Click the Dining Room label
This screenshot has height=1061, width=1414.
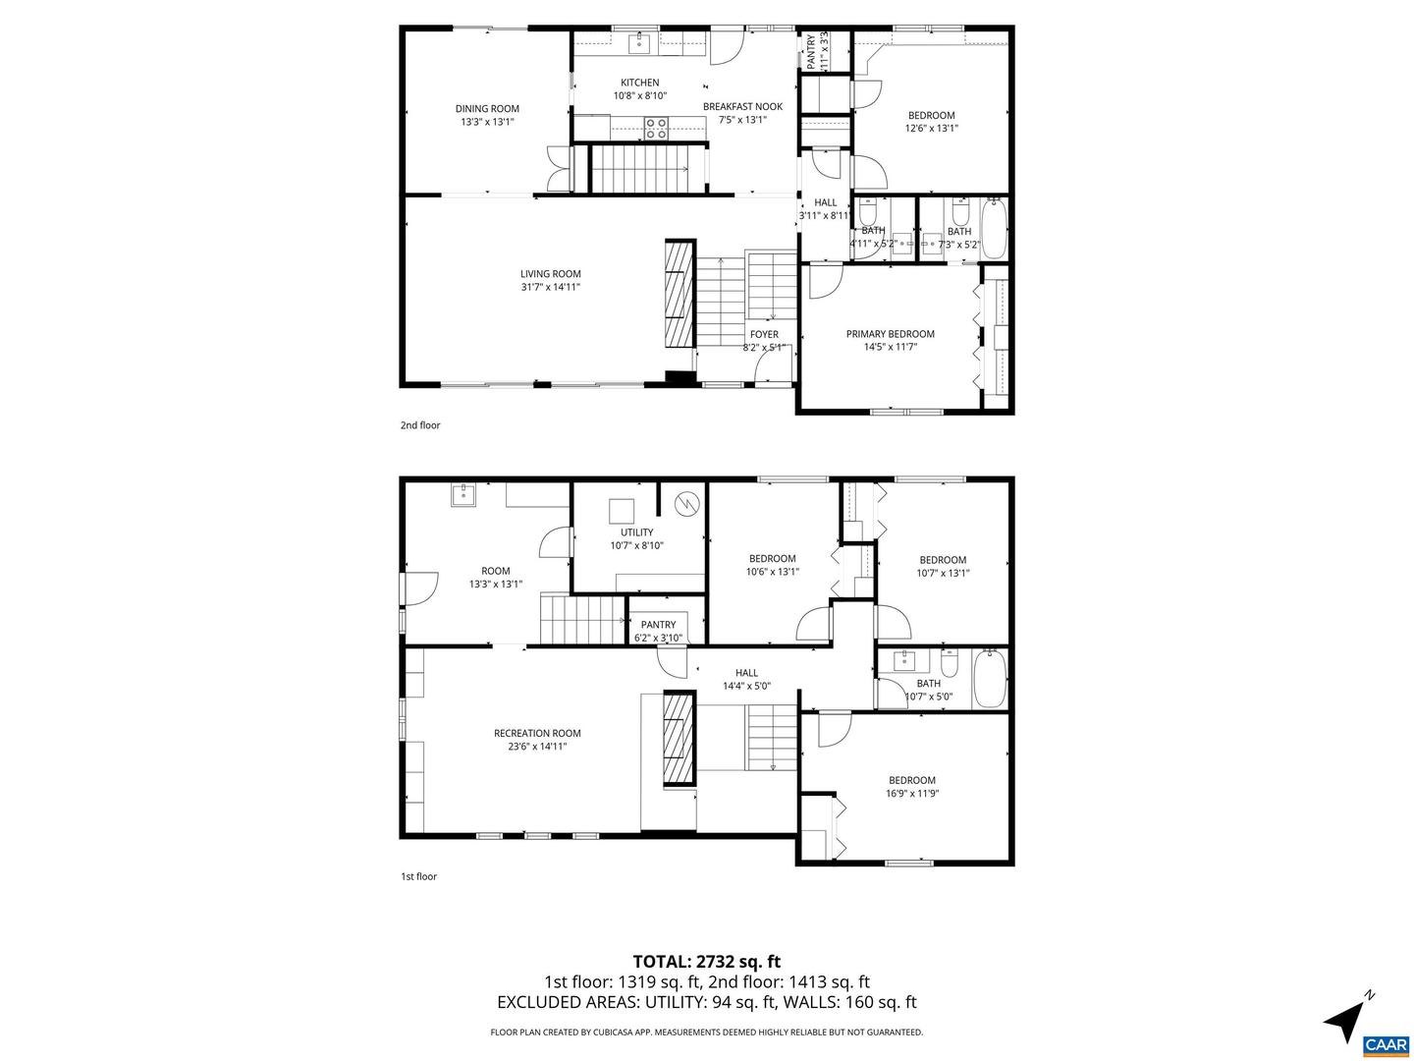[487, 109]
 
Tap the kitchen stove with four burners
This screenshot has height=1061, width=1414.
[656, 126]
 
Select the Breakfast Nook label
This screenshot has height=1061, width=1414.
[742, 106]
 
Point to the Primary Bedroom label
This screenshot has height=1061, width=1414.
[890, 334]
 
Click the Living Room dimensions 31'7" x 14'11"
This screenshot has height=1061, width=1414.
[551, 287]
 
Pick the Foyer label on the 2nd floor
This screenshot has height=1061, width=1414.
[764, 335]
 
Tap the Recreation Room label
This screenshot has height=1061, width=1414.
[537, 733]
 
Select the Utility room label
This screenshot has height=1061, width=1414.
[636, 532]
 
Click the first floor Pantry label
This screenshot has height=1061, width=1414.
[658, 625]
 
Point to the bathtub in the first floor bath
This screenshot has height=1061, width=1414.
[989, 679]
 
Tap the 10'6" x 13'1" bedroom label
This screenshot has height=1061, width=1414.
[772, 558]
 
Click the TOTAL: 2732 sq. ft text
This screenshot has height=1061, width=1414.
[706, 962]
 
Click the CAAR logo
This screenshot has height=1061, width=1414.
[1386, 1044]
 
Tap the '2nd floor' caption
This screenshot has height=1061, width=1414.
[420, 425]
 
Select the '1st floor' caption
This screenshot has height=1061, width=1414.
[418, 876]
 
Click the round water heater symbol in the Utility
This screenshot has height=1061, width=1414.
[688, 505]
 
